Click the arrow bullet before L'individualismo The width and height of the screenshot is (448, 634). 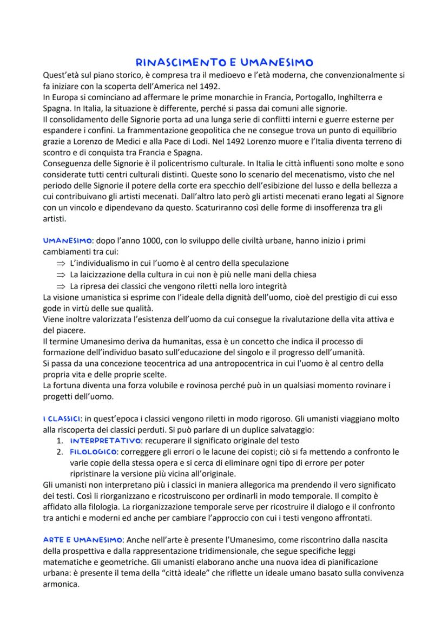point(60,263)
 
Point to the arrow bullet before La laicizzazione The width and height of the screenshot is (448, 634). point(60,274)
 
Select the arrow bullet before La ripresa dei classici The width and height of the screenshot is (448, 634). point(60,285)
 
